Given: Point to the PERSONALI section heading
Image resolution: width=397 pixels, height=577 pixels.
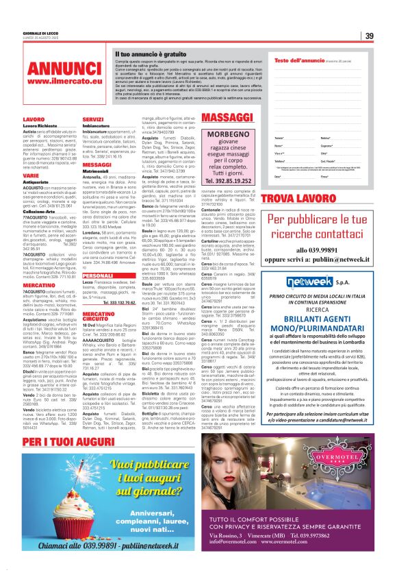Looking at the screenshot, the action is click(x=97, y=275).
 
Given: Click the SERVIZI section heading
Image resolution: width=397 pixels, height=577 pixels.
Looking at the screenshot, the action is click(x=93, y=119).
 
